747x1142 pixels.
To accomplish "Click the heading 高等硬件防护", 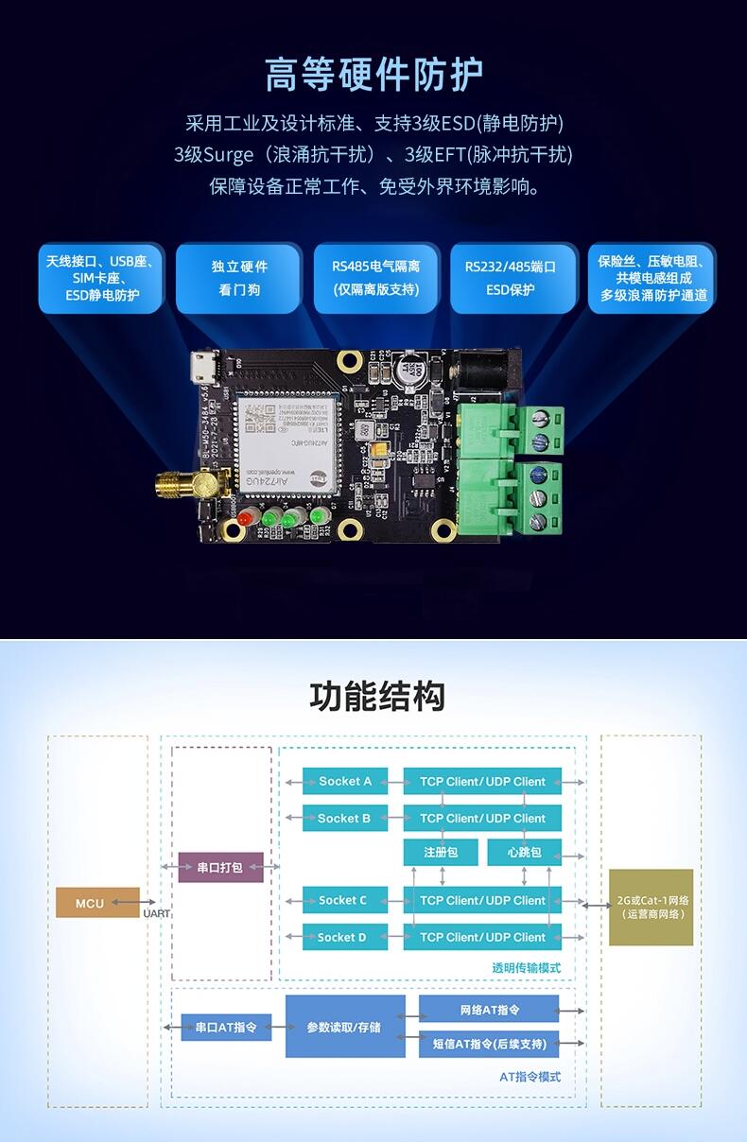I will (373, 74).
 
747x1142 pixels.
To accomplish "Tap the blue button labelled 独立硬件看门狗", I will (239, 278).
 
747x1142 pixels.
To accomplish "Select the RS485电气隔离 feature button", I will (376, 278).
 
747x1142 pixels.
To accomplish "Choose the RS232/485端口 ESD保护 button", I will (511, 278).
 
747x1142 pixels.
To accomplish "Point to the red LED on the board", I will (245, 518).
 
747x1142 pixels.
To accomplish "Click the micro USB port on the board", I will (200, 367).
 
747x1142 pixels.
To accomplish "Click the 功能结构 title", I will (376, 697).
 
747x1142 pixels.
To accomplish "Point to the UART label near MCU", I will (157, 914).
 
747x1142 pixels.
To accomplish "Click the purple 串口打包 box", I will (220, 867).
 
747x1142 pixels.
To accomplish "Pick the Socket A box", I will (345, 782).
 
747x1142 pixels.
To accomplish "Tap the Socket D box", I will (345, 938).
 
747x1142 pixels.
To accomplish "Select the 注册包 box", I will (441, 852).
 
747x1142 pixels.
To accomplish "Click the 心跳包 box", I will (524, 852).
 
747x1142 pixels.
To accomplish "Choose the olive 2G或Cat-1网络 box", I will (651, 907).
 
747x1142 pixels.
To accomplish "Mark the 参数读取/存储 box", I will (345, 1026).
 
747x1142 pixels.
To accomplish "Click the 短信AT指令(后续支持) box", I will (489, 1044).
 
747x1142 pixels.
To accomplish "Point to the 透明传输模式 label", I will (526, 968).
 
